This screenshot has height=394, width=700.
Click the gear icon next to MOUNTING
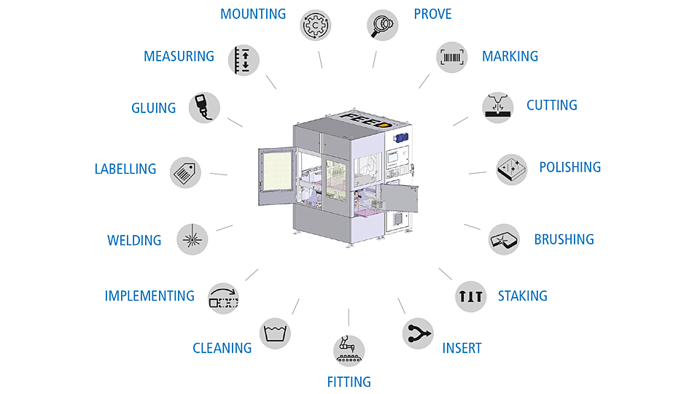point(315,25)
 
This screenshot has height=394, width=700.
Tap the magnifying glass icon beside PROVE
point(383,25)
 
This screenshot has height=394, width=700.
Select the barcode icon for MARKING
point(452,57)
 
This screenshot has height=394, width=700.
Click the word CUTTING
point(552,105)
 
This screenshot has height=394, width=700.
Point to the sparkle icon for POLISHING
point(512,169)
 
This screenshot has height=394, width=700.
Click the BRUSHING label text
point(564,239)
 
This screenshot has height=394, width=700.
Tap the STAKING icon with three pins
point(470,296)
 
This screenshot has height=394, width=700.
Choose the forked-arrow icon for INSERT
point(418,333)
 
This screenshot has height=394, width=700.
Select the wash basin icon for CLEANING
point(275,333)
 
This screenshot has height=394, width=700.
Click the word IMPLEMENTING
point(149,295)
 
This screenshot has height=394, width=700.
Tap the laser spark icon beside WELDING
point(192,239)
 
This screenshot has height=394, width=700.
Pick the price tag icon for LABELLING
point(185,172)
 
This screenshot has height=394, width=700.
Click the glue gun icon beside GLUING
point(204,108)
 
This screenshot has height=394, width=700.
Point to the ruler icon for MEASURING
point(244,60)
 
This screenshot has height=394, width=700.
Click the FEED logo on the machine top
point(365,120)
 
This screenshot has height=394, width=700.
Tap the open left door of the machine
point(276,177)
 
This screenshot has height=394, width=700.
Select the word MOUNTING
point(253,14)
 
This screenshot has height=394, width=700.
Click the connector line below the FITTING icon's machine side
point(349,317)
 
